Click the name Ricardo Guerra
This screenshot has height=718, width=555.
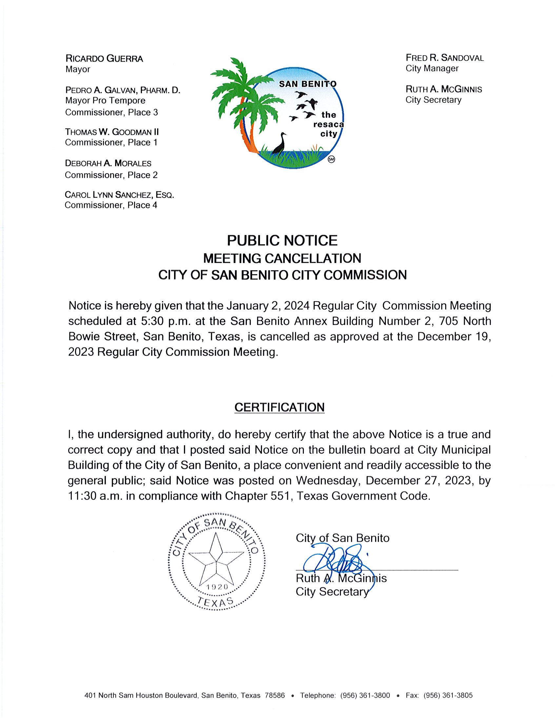point(104,59)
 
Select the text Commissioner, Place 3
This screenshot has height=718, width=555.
point(111,112)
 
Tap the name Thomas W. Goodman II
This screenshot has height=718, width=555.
point(112,132)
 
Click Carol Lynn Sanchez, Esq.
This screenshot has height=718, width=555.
point(119,195)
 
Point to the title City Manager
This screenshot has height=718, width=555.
point(432,68)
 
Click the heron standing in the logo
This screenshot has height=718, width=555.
point(280,143)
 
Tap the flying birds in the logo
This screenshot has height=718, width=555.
point(304,105)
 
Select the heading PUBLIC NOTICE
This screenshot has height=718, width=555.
point(282,241)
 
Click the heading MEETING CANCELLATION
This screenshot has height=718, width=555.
point(282,258)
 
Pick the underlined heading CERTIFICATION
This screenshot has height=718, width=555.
point(279,407)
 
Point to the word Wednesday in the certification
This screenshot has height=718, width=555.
point(328,481)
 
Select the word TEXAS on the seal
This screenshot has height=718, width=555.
point(216,602)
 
